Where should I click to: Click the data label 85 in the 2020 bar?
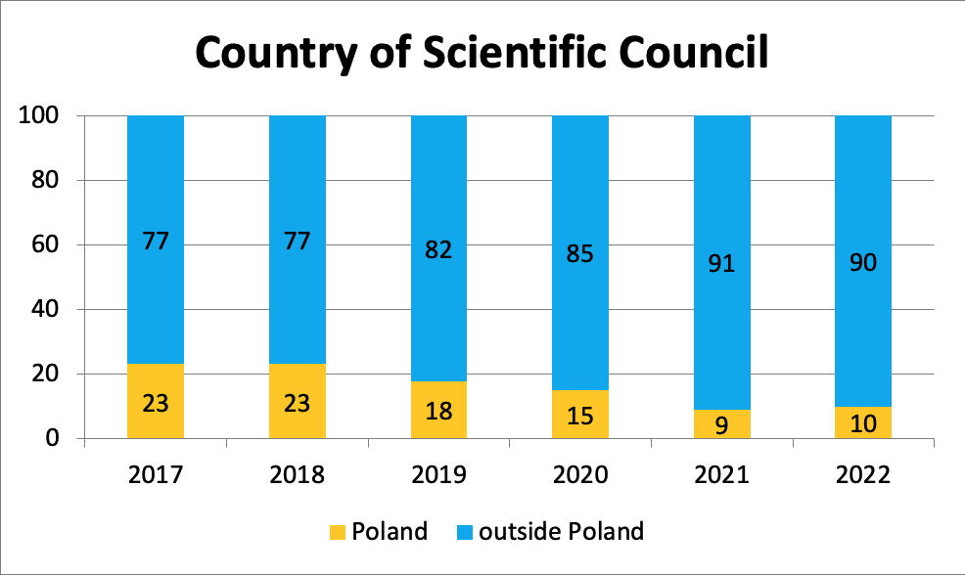coord(580,254)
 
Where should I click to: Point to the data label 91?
coord(722,263)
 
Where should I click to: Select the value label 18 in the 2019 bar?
coord(438,411)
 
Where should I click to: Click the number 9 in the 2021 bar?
coord(722,425)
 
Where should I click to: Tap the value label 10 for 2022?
coord(863,423)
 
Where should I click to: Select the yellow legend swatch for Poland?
coord(336,533)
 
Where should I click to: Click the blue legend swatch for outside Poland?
coord(465,533)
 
